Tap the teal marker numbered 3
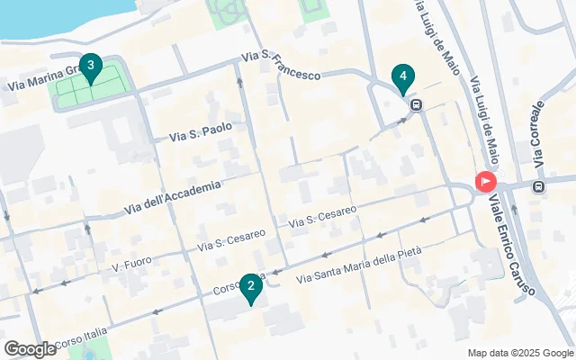point(89,66)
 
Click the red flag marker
point(486,182)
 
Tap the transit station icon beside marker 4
point(416,104)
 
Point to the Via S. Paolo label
point(201,132)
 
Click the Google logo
point(30,348)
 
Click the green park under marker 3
point(90,91)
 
